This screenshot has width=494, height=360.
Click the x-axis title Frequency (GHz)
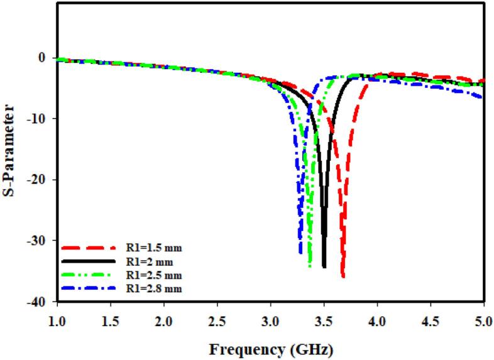point(271,347)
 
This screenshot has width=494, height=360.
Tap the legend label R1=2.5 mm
point(150,275)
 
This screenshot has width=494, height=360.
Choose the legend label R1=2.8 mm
point(150,288)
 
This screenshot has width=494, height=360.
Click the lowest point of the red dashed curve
point(343,276)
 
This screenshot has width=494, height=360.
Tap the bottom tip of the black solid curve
point(324,267)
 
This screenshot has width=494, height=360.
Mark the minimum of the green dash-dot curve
point(310,266)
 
